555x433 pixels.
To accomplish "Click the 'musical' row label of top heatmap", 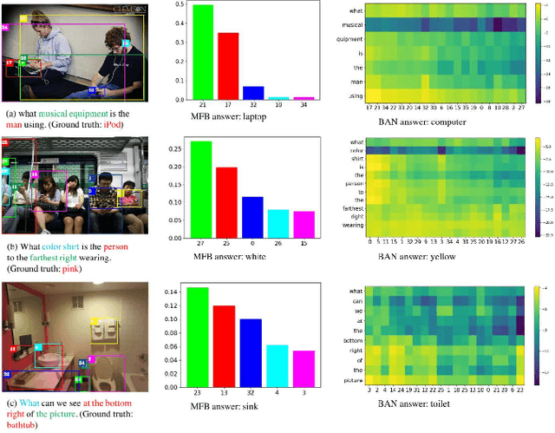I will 349,25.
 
